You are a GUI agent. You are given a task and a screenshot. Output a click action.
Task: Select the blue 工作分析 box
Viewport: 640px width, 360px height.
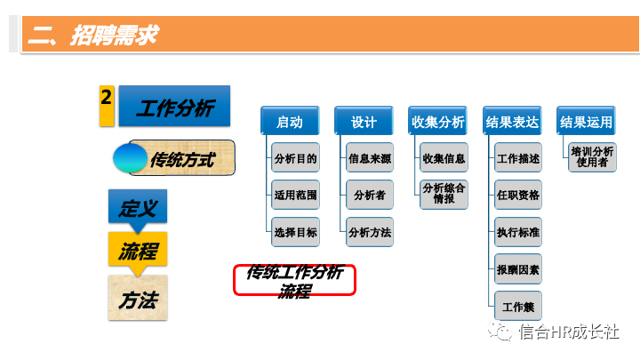coord(174,107)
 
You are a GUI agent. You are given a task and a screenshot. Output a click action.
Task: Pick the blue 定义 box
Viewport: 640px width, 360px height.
coord(137,208)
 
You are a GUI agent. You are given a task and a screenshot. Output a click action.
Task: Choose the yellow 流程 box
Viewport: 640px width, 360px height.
coord(137,251)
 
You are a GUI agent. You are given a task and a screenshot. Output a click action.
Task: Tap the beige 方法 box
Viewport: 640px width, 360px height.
coord(137,299)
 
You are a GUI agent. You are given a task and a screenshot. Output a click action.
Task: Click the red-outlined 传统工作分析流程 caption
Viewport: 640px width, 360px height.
coord(294,281)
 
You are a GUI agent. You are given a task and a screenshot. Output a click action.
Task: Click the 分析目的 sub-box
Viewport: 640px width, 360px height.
coord(295,158)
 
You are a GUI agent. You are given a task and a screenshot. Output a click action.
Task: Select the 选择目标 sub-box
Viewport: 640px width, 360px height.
coord(295,232)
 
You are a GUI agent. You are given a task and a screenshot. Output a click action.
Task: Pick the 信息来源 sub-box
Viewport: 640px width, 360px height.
coord(370,158)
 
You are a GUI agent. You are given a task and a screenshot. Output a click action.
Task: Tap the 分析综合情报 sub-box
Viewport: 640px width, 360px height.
coord(444,195)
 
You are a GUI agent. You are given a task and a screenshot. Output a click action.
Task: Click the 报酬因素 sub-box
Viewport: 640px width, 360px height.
coord(518,268)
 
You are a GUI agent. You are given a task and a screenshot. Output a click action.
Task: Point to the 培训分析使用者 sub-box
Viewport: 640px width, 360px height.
coord(592,157)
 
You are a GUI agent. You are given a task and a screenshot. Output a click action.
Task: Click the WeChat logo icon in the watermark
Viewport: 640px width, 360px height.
coord(500,332)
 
